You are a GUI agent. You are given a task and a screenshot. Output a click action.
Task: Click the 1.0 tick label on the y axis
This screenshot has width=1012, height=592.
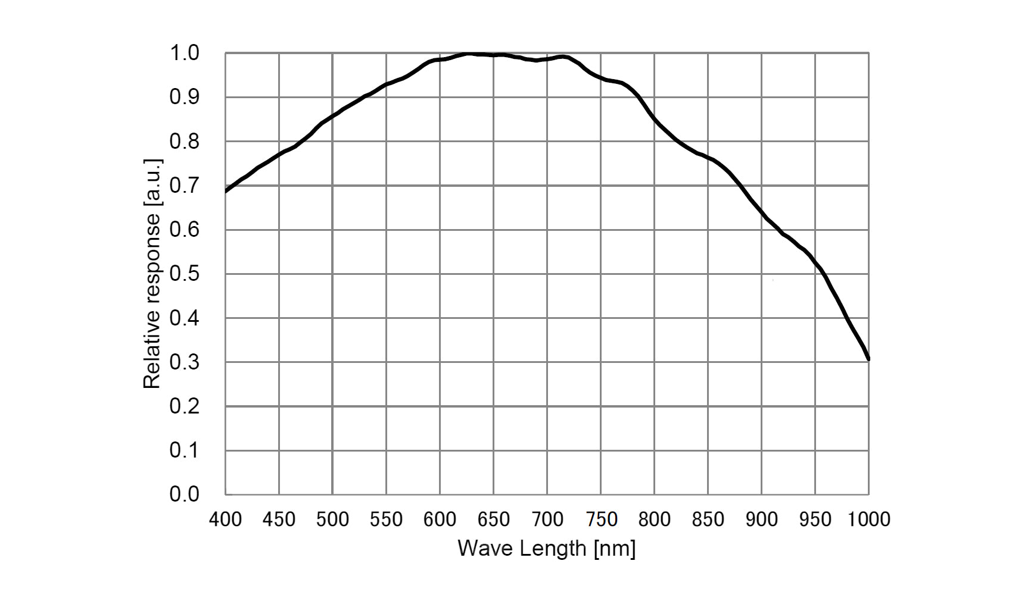click(x=184, y=53)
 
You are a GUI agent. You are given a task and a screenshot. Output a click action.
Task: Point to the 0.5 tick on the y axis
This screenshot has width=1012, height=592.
click(x=184, y=274)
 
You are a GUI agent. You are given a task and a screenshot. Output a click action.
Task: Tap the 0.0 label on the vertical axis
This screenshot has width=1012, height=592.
click(x=184, y=494)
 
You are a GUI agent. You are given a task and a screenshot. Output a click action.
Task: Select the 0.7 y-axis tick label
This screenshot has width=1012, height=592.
click(x=184, y=186)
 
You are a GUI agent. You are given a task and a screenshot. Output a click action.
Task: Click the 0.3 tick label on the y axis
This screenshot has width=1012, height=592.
click(x=184, y=362)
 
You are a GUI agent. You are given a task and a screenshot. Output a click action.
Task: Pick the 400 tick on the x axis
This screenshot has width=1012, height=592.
click(x=225, y=519)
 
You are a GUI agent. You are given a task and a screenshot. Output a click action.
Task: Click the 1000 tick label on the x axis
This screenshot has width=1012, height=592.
click(x=868, y=519)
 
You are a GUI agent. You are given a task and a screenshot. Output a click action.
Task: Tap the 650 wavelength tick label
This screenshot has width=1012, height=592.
click(x=493, y=519)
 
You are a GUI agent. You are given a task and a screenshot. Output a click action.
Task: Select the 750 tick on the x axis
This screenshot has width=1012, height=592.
click(x=600, y=519)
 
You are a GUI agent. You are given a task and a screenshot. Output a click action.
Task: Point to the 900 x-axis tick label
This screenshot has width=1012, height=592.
click(x=761, y=519)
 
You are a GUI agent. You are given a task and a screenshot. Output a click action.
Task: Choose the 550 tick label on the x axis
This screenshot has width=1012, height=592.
click(x=386, y=519)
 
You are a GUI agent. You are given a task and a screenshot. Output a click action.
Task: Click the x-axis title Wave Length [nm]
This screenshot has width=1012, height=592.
click(x=546, y=548)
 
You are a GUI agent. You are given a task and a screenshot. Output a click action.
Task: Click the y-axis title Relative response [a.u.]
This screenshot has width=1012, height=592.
click(x=152, y=274)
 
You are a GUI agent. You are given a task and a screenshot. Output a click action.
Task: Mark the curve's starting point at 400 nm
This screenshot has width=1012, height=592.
click(x=226, y=191)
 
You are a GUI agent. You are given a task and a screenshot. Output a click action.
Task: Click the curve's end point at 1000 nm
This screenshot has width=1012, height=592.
click(x=868, y=359)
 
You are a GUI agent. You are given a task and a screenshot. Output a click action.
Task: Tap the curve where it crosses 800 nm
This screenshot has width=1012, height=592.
click(x=654, y=118)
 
